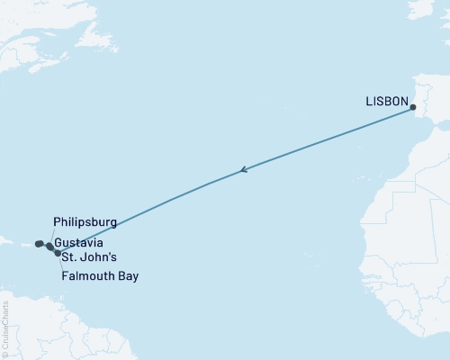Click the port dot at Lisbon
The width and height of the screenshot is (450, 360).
pyautogui.click(x=413, y=109)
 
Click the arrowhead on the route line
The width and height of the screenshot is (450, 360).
pyautogui.click(x=243, y=169)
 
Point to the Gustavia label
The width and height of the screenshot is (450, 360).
pyautogui.click(x=78, y=243)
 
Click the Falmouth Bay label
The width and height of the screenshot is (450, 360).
pyautogui.click(x=99, y=276)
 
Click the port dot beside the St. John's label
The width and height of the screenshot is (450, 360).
pyautogui.click(x=58, y=254)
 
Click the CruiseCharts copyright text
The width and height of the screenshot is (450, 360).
pyautogui.click(x=5, y=324)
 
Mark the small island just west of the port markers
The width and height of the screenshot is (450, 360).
pyautogui.click(x=17, y=244)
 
